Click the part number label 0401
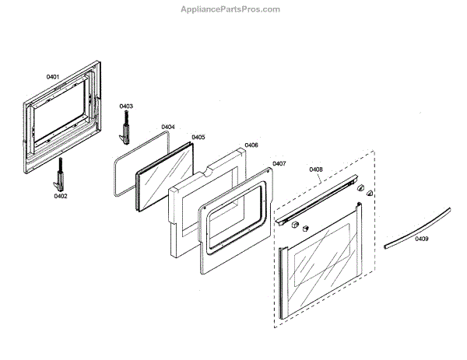pyautogui.click(x=53, y=77)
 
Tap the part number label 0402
pyautogui.click(x=61, y=197)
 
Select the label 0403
pyautogui.click(x=126, y=106)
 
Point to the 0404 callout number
pyautogui.click(x=168, y=127)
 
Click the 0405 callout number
pyautogui.click(x=198, y=137)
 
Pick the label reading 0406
pyautogui.click(x=251, y=145)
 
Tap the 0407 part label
pyautogui.click(x=279, y=163)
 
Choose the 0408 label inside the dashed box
pyautogui.click(x=316, y=169)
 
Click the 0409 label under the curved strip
pyautogui.click(x=421, y=239)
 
